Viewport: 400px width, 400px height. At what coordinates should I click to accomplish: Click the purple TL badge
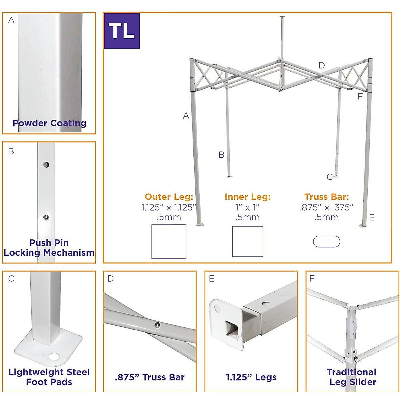[x=122, y=31]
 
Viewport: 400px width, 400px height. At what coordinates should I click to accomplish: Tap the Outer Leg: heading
[x=169, y=197]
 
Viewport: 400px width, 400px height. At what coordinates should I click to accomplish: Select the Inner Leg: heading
[x=248, y=197]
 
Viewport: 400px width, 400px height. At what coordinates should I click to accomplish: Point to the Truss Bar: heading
[x=326, y=197]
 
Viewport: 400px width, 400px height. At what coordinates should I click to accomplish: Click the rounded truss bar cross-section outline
[x=326, y=242]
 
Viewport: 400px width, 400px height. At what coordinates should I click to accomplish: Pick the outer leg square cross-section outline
[x=169, y=241]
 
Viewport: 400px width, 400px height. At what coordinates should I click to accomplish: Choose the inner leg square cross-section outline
[x=247, y=241]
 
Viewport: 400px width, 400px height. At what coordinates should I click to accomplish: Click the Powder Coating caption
[x=49, y=123]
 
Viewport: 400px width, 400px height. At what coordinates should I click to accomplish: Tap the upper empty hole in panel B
[x=46, y=165]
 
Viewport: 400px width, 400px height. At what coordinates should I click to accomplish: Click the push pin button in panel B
[x=46, y=218]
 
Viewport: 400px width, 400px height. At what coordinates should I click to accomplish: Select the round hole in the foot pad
[x=53, y=357]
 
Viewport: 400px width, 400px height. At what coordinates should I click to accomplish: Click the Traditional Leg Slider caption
[x=352, y=377]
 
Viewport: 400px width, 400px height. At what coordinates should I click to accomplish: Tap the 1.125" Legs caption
[x=251, y=377]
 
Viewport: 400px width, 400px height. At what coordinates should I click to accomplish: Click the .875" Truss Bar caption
[x=150, y=377]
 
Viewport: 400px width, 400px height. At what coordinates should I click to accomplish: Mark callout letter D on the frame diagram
[x=321, y=65]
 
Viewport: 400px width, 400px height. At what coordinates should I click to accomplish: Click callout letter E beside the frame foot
[x=372, y=218]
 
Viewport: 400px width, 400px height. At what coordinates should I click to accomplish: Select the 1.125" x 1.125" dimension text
[x=169, y=207]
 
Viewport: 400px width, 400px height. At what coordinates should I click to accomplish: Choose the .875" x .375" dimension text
[x=326, y=207]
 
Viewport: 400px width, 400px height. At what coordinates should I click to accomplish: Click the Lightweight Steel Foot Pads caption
[x=49, y=377]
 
